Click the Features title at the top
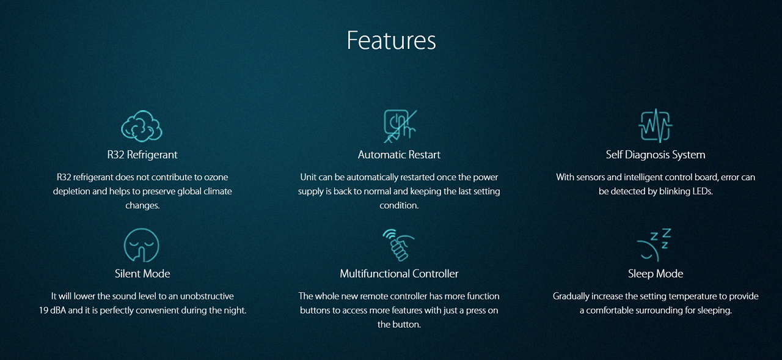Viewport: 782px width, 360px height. point(391,40)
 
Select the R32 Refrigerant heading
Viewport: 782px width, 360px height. point(142,155)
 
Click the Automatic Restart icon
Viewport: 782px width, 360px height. point(400,126)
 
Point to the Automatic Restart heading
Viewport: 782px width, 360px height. point(399,155)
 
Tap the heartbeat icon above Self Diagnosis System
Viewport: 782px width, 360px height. point(656,126)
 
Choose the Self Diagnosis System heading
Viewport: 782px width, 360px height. point(656,155)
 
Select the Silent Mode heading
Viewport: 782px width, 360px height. point(142,273)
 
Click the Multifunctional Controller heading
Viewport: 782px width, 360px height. point(399,273)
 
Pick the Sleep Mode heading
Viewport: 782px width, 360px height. point(656,274)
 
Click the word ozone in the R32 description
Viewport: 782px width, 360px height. point(216,177)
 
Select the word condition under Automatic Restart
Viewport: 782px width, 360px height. point(399,205)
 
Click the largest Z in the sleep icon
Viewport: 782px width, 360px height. point(667,233)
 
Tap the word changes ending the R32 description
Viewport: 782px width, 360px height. point(142,205)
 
